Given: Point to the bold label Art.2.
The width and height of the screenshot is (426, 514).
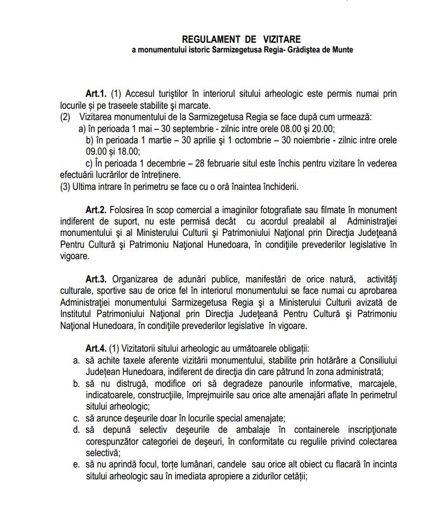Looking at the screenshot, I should coord(96,209).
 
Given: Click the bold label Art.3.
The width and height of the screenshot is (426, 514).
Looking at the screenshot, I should coord(96,279).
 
